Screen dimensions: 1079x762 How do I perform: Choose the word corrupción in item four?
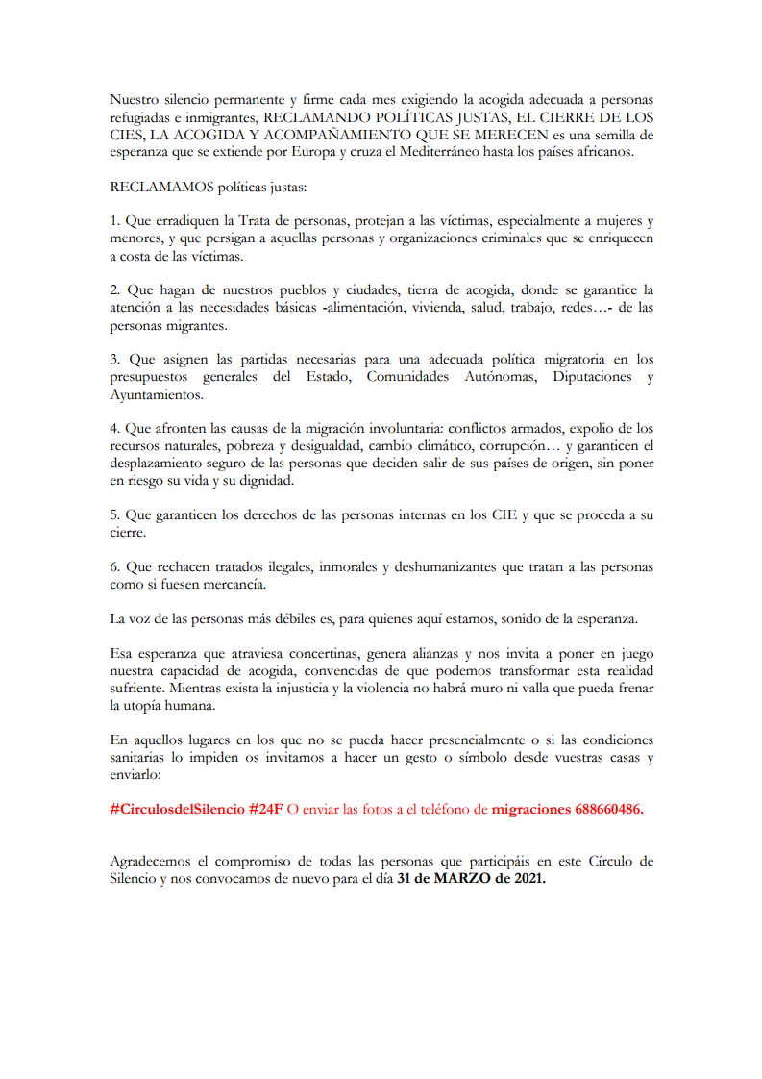[518, 445]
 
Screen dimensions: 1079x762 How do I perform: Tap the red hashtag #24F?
[265, 809]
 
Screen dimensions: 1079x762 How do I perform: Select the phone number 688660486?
[609, 809]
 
